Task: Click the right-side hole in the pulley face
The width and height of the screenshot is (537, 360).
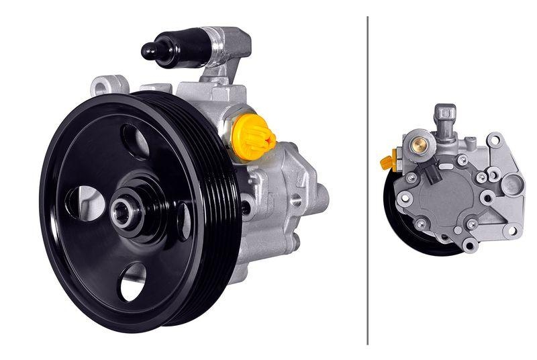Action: click(183, 222)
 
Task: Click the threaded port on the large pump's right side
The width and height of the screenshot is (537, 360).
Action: click(296, 199)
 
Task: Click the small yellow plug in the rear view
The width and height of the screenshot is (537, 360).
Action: click(387, 162)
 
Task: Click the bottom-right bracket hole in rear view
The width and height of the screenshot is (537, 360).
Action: click(511, 230)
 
